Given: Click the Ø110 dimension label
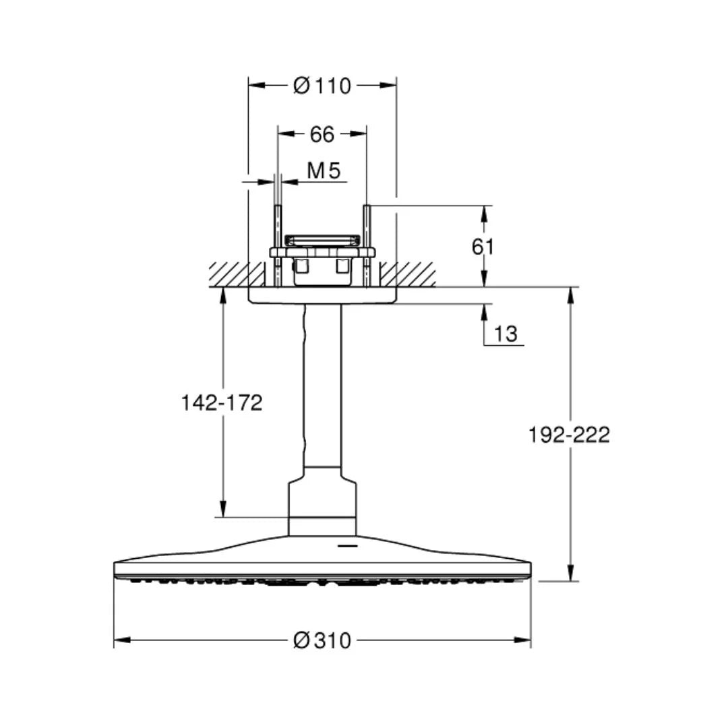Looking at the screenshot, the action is click(322, 86).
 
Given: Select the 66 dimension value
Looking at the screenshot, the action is click(322, 135).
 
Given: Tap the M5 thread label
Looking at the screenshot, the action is click(324, 171).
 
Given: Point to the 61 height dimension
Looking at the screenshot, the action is click(483, 247).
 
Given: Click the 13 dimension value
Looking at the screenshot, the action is click(505, 334).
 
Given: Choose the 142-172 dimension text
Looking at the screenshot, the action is click(222, 403).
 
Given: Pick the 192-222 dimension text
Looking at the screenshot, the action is click(569, 435).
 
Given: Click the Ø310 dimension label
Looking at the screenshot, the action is click(322, 641).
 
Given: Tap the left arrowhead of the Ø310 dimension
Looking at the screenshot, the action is click(121, 640).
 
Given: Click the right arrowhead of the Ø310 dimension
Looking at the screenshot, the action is click(523, 640).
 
